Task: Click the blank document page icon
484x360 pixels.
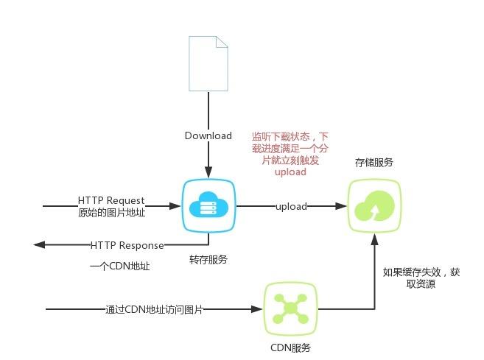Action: tap(208, 64)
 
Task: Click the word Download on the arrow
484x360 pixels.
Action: tap(208, 136)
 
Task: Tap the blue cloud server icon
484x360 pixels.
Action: tap(208, 206)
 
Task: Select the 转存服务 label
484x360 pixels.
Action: tap(208, 260)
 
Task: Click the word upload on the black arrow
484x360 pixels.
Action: tap(291, 206)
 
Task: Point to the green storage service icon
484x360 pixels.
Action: tap(374, 205)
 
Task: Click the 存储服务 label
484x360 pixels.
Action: tap(373, 162)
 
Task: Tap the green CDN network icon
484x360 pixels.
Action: tap(290, 309)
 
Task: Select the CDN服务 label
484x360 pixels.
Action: tap(290, 347)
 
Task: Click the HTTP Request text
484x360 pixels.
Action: tap(111, 200)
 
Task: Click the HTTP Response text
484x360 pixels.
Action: tap(127, 244)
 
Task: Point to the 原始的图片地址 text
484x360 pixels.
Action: tap(111, 213)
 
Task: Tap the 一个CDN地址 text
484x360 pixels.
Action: tap(119, 267)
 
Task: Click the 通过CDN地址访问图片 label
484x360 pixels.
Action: tap(154, 309)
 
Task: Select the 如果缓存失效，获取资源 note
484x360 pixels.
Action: tap(421, 278)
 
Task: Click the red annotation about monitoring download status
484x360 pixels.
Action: tap(290, 154)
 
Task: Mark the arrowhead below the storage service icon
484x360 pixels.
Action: tap(374, 238)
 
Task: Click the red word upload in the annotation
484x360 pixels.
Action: tap(290, 172)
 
